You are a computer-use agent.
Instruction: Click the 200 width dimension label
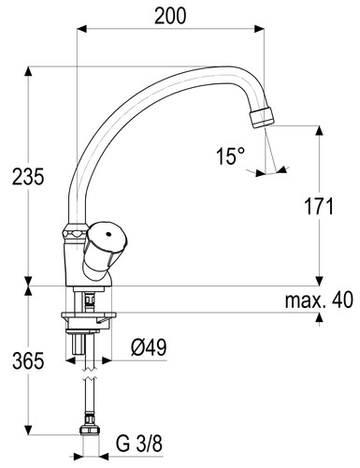click(x=170, y=16)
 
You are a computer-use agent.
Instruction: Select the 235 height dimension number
click(x=28, y=177)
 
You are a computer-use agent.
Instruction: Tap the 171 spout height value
click(x=319, y=206)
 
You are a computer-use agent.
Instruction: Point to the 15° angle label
click(x=230, y=156)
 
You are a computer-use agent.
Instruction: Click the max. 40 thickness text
click(x=319, y=300)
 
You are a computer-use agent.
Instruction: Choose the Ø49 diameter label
click(x=149, y=347)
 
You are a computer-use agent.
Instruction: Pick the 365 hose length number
click(x=28, y=361)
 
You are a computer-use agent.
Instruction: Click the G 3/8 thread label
click(x=139, y=444)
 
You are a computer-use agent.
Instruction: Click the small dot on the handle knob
click(x=108, y=234)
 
